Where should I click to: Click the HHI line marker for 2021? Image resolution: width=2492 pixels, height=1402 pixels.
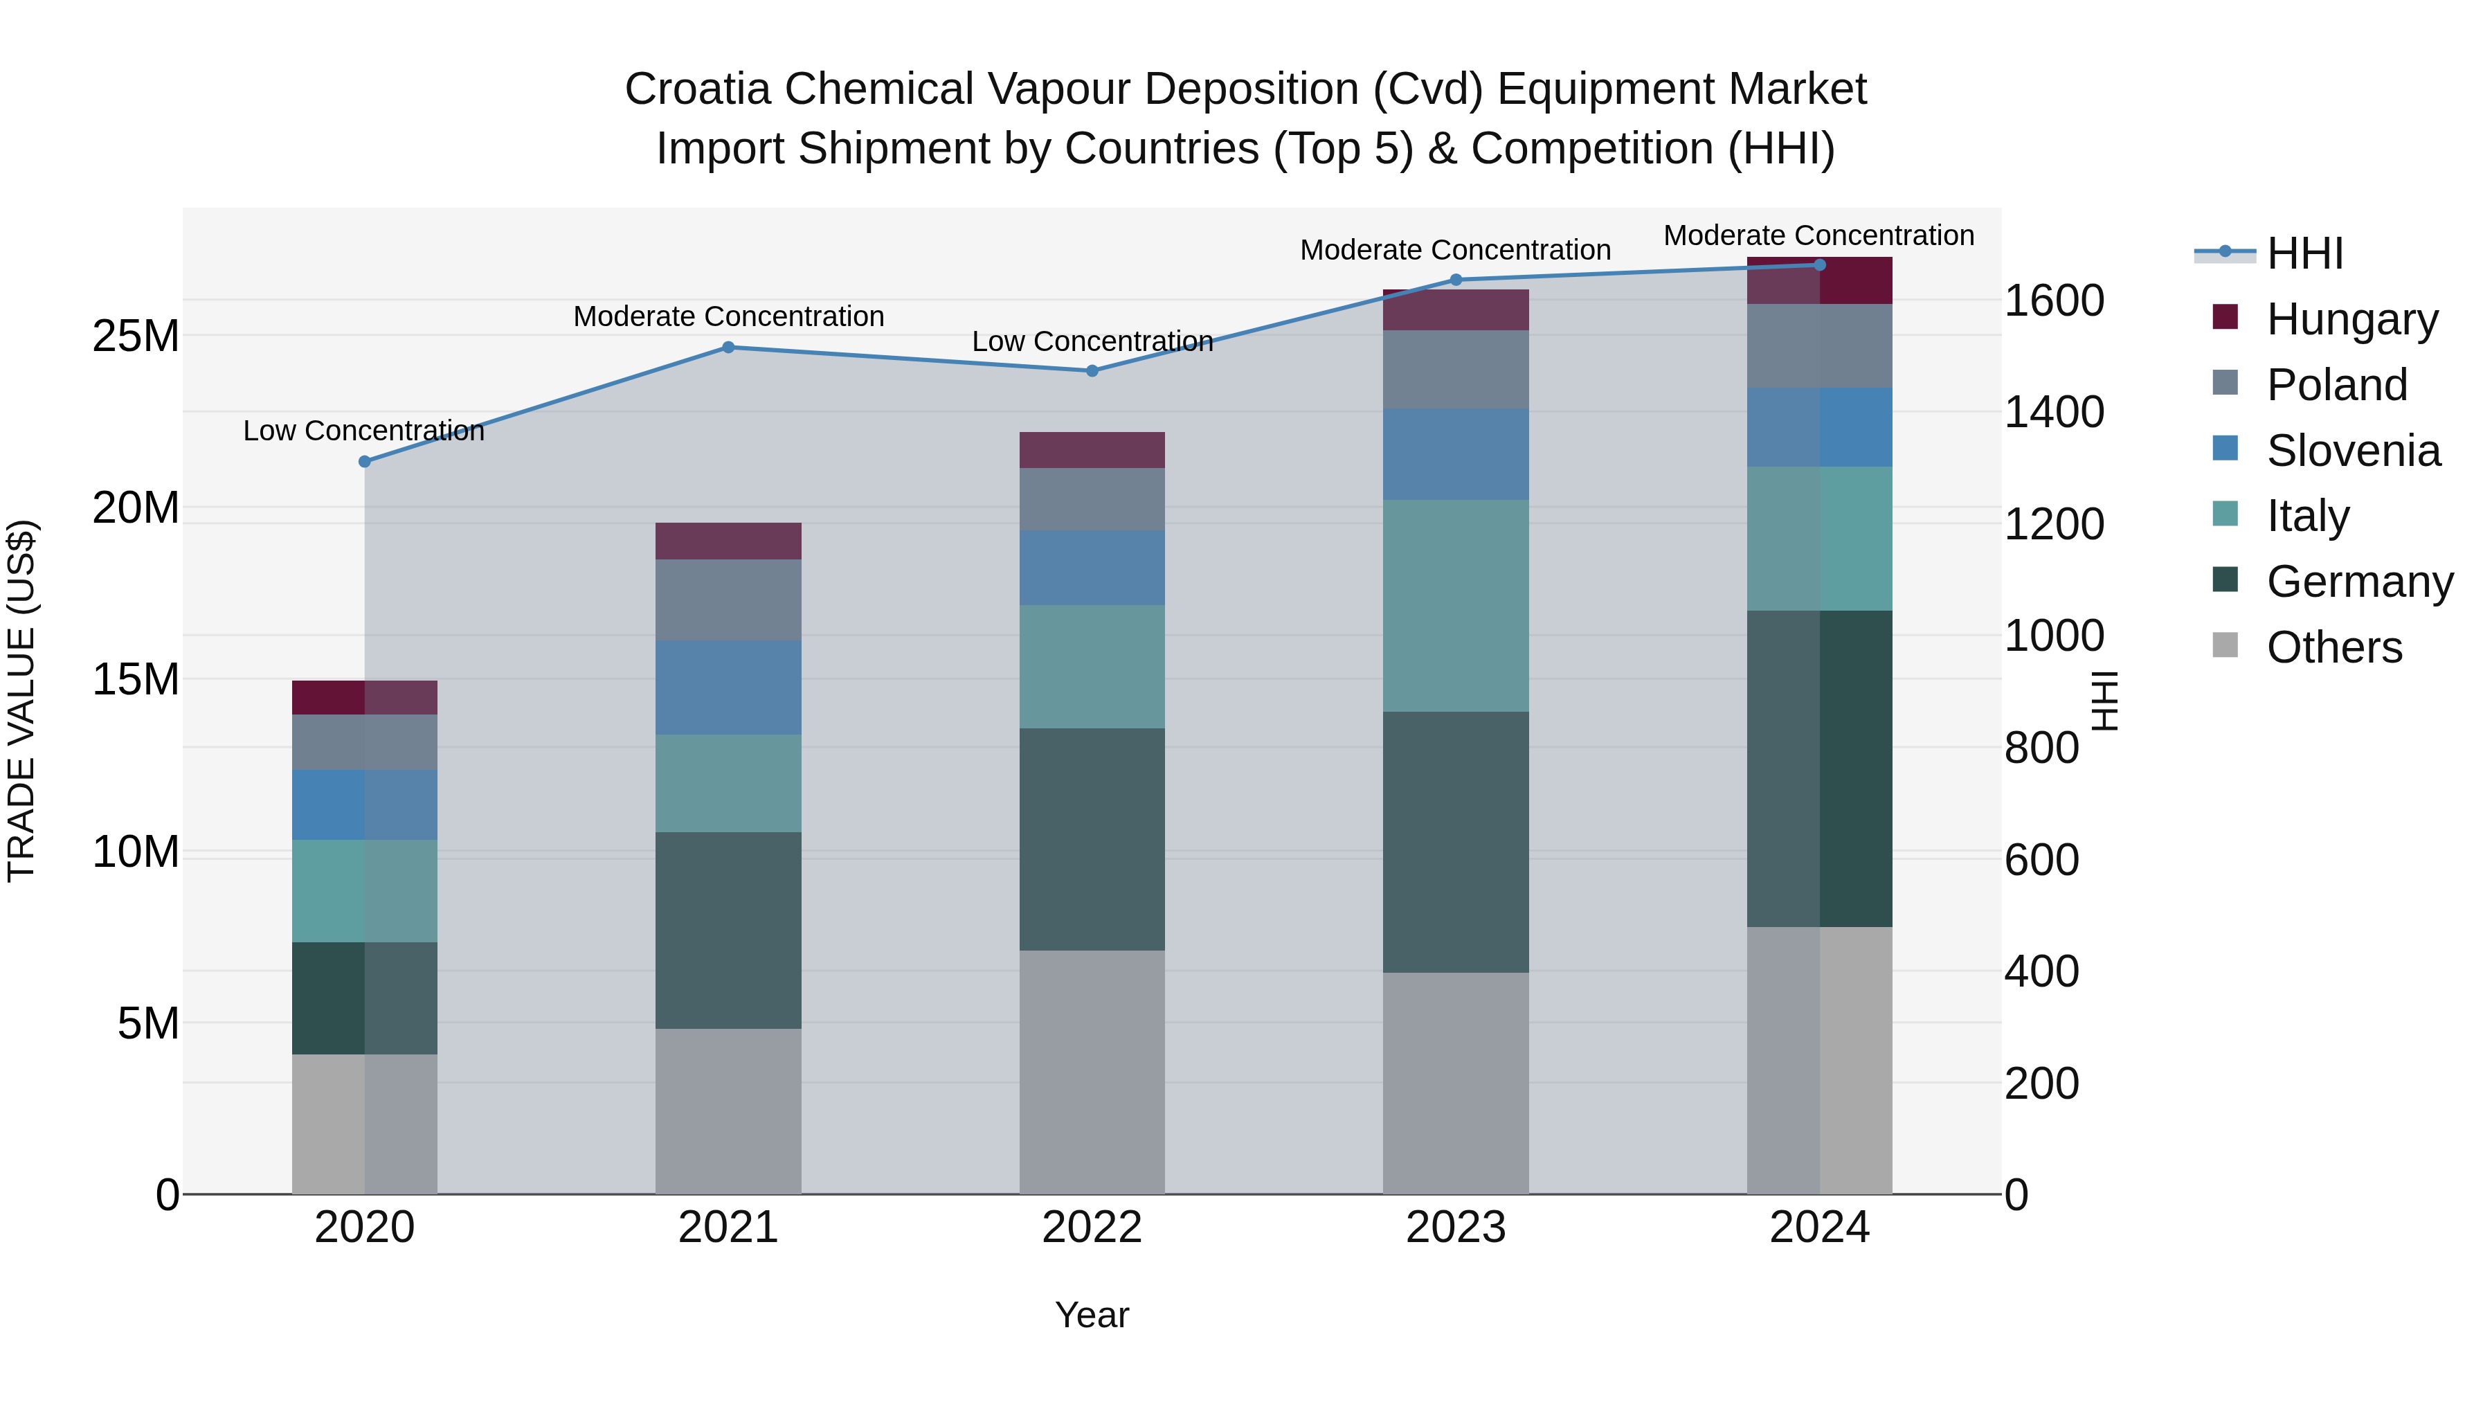tap(728, 348)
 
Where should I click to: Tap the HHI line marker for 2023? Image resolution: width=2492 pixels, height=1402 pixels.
tap(1456, 280)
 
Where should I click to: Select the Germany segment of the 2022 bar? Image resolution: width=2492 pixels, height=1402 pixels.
tap(1092, 839)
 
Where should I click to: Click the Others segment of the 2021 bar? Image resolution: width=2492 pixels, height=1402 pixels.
tap(728, 1111)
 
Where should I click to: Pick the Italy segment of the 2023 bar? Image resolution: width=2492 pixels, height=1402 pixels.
tap(1456, 606)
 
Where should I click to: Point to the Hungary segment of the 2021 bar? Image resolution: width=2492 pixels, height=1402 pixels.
tap(728, 541)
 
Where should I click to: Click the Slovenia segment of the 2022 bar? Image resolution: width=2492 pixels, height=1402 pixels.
tap(1092, 568)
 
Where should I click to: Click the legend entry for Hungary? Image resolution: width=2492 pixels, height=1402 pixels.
tap(2351, 319)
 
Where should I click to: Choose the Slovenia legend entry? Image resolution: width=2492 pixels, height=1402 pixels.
tap(2353, 451)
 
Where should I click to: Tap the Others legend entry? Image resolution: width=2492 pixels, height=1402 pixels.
tap(2333, 647)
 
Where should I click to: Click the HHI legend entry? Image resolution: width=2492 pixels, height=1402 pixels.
tap(2304, 253)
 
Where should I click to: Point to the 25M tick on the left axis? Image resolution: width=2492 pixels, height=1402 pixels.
tap(136, 336)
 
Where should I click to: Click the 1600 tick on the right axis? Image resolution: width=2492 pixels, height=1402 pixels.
tap(2053, 301)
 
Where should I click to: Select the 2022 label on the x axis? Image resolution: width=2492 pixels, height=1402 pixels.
tap(1092, 1228)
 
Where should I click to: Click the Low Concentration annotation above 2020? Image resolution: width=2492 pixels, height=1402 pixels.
tap(363, 431)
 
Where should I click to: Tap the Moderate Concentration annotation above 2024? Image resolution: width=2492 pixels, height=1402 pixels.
tap(1818, 235)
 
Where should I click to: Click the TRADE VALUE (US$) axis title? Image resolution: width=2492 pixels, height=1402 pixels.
tap(21, 701)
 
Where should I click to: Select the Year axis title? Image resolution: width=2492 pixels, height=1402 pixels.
tap(1092, 1315)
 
